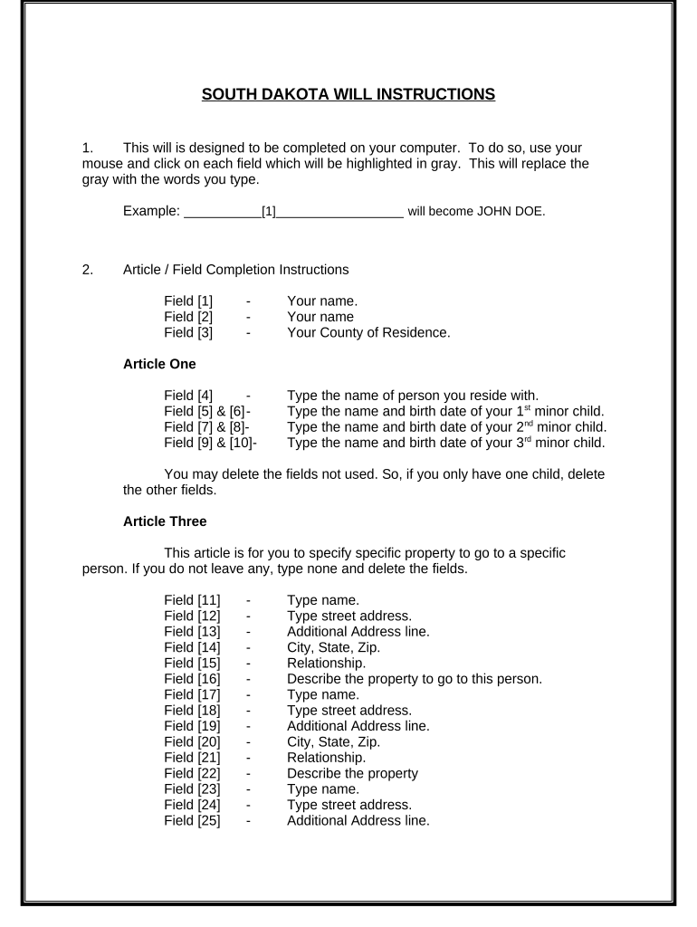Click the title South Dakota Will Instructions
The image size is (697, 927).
(x=348, y=94)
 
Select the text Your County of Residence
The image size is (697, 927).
(x=368, y=332)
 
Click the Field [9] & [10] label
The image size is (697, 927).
(x=208, y=443)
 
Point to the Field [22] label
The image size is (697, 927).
(x=192, y=773)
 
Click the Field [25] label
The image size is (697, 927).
(x=192, y=821)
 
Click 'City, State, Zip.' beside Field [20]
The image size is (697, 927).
(x=333, y=741)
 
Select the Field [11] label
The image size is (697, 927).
(x=192, y=599)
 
